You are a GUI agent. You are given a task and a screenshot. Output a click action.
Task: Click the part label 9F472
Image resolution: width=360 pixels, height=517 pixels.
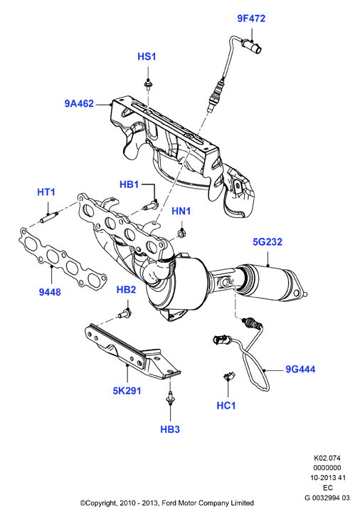[251, 19]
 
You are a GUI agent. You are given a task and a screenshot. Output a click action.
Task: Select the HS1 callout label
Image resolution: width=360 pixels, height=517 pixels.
[147, 57]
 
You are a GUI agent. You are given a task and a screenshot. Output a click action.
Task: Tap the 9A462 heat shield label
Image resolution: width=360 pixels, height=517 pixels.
[79, 104]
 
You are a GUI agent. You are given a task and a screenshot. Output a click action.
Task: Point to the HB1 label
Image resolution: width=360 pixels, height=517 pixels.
[129, 184]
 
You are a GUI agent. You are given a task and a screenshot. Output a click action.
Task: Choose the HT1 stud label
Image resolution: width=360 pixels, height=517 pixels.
[46, 192]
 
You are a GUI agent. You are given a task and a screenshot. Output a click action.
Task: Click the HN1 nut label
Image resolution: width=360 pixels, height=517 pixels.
[181, 211]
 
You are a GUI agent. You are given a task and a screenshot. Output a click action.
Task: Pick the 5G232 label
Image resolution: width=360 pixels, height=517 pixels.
[268, 242]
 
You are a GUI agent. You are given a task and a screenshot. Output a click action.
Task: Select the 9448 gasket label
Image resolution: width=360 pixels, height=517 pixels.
[50, 292]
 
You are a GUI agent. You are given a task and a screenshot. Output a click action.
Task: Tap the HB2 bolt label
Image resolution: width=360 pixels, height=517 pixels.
[126, 290]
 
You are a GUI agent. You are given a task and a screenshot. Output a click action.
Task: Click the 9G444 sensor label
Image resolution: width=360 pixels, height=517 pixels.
[300, 370]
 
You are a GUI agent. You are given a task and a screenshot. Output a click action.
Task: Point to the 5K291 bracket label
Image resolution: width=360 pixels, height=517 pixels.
[127, 391]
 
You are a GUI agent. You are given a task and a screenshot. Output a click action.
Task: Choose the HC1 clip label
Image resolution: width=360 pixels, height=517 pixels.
[226, 405]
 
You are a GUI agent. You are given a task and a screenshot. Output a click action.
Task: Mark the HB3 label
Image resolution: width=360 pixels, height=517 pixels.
[170, 429]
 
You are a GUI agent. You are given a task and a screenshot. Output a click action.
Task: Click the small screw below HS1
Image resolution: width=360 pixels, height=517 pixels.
[148, 84]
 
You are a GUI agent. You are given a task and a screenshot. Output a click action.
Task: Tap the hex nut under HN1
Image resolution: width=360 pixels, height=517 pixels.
[181, 234]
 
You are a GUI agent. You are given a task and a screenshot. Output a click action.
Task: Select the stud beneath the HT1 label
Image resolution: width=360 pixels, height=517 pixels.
[49, 217]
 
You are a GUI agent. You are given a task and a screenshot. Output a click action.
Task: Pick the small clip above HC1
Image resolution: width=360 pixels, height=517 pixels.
[228, 375]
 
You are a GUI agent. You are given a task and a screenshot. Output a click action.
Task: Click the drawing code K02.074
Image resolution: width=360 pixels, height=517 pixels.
[327, 458]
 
